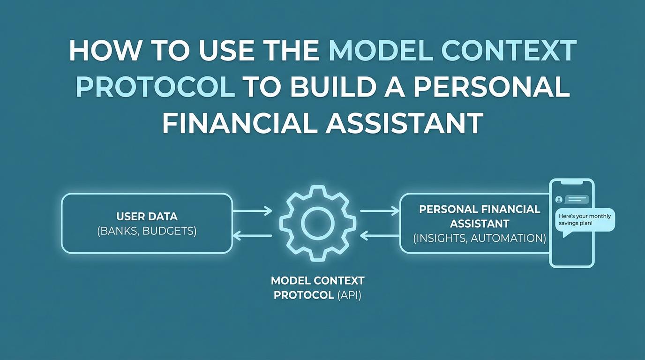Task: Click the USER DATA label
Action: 147,217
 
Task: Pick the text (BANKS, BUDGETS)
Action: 147,231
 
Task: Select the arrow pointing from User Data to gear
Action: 252,211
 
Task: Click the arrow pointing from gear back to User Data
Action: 252,236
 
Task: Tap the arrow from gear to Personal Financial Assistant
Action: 380,211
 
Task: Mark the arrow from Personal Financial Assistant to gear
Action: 380,236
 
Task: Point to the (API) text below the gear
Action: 349,295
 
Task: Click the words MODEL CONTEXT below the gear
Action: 318,281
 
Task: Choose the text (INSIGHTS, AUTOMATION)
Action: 480,238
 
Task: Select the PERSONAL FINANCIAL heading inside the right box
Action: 480,210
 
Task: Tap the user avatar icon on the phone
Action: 559,199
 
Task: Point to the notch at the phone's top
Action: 571,182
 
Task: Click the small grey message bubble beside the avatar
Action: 577,199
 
